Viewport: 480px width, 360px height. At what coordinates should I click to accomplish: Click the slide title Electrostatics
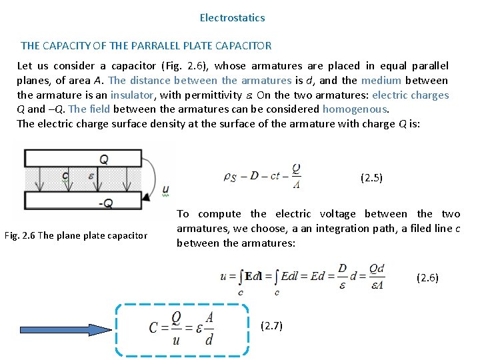[232, 18]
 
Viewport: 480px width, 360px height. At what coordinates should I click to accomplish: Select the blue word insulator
[132, 95]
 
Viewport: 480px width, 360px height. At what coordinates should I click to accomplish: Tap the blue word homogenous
[355, 109]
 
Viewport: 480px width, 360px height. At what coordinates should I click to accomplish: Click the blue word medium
[381, 80]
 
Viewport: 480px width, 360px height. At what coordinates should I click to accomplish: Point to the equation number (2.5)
[371, 177]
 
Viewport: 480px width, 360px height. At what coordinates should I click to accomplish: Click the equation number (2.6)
[427, 277]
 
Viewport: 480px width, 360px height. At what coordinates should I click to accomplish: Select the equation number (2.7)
[271, 325]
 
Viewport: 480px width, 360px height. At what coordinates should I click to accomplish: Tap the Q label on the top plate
[103, 159]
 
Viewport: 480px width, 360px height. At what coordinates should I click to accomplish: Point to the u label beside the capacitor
[165, 189]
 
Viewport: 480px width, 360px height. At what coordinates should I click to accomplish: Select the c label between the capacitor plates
[65, 177]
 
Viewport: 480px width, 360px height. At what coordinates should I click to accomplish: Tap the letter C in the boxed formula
[154, 327]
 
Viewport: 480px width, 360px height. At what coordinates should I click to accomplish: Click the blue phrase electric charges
[411, 95]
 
